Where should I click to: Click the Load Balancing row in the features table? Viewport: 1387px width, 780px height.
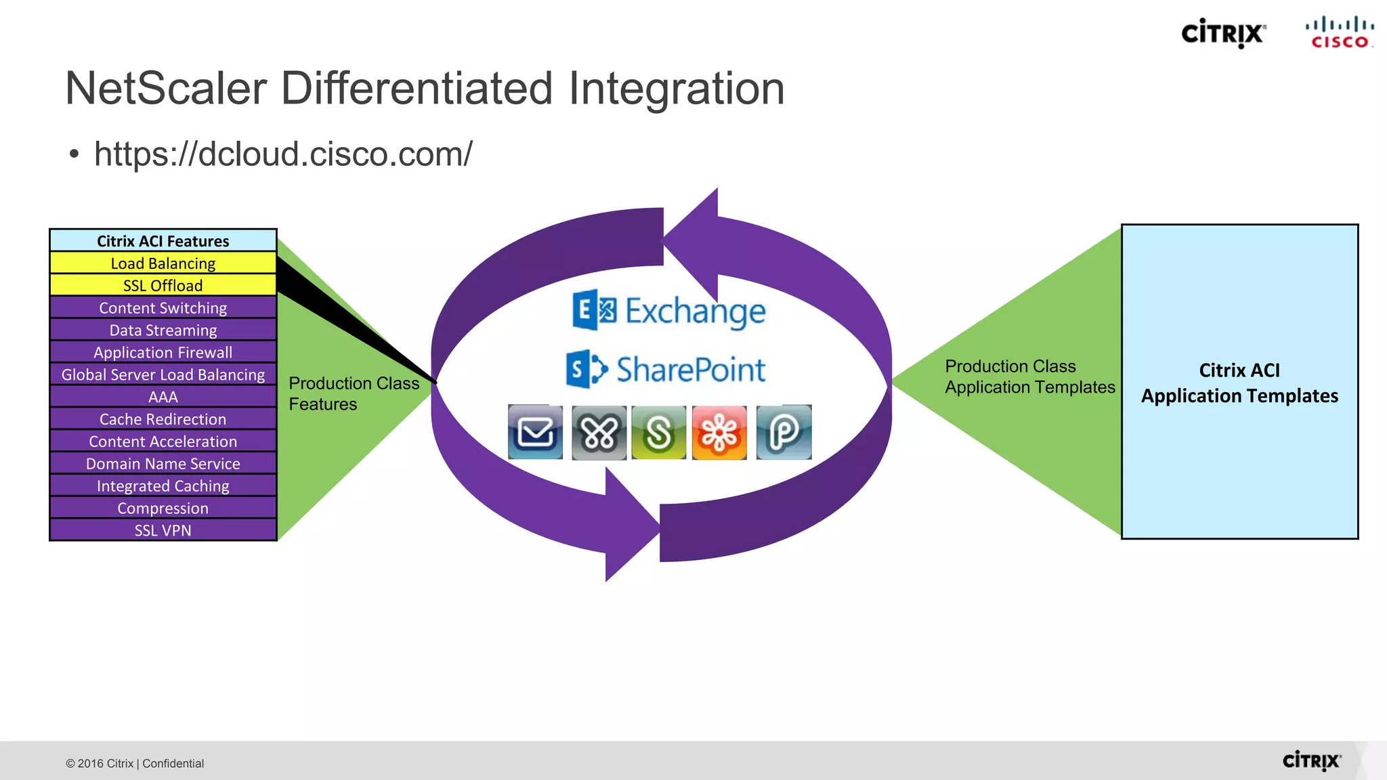pyautogui.click(x=163, y=263)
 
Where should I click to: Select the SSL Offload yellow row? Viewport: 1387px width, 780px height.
pyautogui.click(x=163, y=286)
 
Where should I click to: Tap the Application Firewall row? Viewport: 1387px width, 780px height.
pyautogui.click(x=163, y=353)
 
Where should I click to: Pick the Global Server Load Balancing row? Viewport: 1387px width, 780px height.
pyautogui.click(x=163, y=375)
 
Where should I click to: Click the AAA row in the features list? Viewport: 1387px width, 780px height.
pyautogui.click(x=163, y=397)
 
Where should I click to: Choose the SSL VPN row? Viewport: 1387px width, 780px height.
pyautogui.click(x=163, y=531)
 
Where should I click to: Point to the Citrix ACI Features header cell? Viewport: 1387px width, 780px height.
pyautogui.click(x=163, y=241)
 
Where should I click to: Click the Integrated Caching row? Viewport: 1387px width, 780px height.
pyautogui.click(x=163, y=486)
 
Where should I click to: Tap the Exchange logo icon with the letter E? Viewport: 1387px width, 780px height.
pyautogui.click(x=593, y=311)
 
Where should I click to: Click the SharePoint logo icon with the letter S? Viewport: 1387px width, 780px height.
pyautogui.click(x=586, y=369)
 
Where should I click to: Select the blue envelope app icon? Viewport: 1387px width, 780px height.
pyautogui.click(x=535, y=433)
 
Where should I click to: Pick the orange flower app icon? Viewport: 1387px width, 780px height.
pyautogui.click(x=719, y=433)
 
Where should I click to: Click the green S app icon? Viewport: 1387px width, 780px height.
pyautogui.click(x=658, y=433)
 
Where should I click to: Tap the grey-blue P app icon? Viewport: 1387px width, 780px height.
pyautogui.click(x=784, y=433)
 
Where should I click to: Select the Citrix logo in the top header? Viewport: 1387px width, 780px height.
pyautogui.click(x=1223, y=33)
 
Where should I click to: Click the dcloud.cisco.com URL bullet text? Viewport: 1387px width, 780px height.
pyautogui.click(x=283, y=154)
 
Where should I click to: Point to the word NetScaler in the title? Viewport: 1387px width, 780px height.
pyautogui.click(x=166, y=89)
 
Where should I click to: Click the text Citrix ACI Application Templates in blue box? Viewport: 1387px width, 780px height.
pyautogui.click(x=1239, y=383)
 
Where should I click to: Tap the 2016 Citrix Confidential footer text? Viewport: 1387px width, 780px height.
pyautogui.click(x=135, y=764)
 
